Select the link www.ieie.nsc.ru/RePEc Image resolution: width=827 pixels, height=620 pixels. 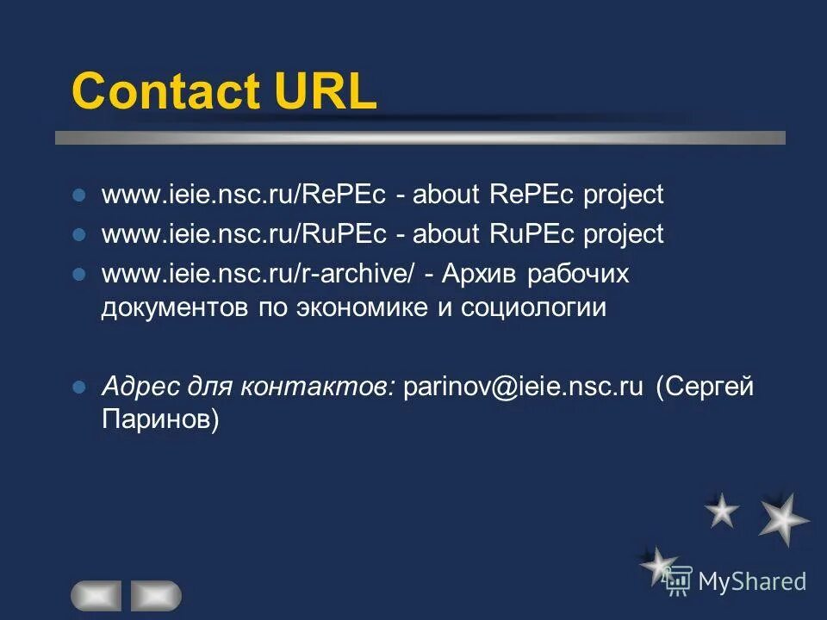pos(245,195)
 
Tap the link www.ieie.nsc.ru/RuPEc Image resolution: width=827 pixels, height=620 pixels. pos(245,234)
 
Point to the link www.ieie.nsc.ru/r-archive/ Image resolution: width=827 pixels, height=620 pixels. pos(258,275)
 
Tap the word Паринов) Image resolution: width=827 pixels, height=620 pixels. pos(160,419)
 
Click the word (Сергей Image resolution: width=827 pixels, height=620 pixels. pos(705,387)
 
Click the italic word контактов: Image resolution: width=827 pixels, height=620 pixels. pos(319,387)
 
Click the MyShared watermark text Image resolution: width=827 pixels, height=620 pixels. pos(751,581)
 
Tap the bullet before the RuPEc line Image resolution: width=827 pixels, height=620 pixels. pos(78,234)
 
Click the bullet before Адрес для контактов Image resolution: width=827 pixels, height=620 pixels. pos(78,387)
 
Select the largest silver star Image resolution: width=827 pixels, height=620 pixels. pos(784,518)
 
